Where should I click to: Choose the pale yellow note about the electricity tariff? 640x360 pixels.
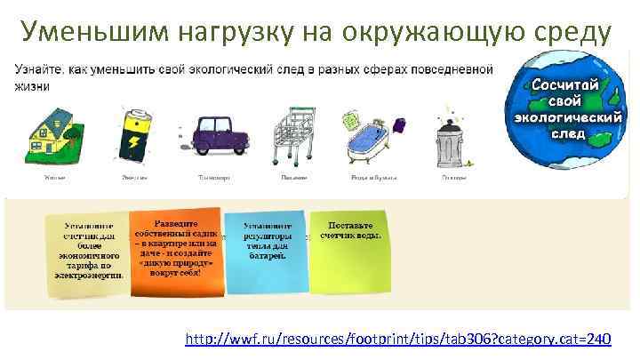click(x=87, y=253)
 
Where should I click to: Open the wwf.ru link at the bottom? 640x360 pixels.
click(x=397, y=339)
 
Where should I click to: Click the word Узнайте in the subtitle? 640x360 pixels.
click(x=36, y=69)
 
